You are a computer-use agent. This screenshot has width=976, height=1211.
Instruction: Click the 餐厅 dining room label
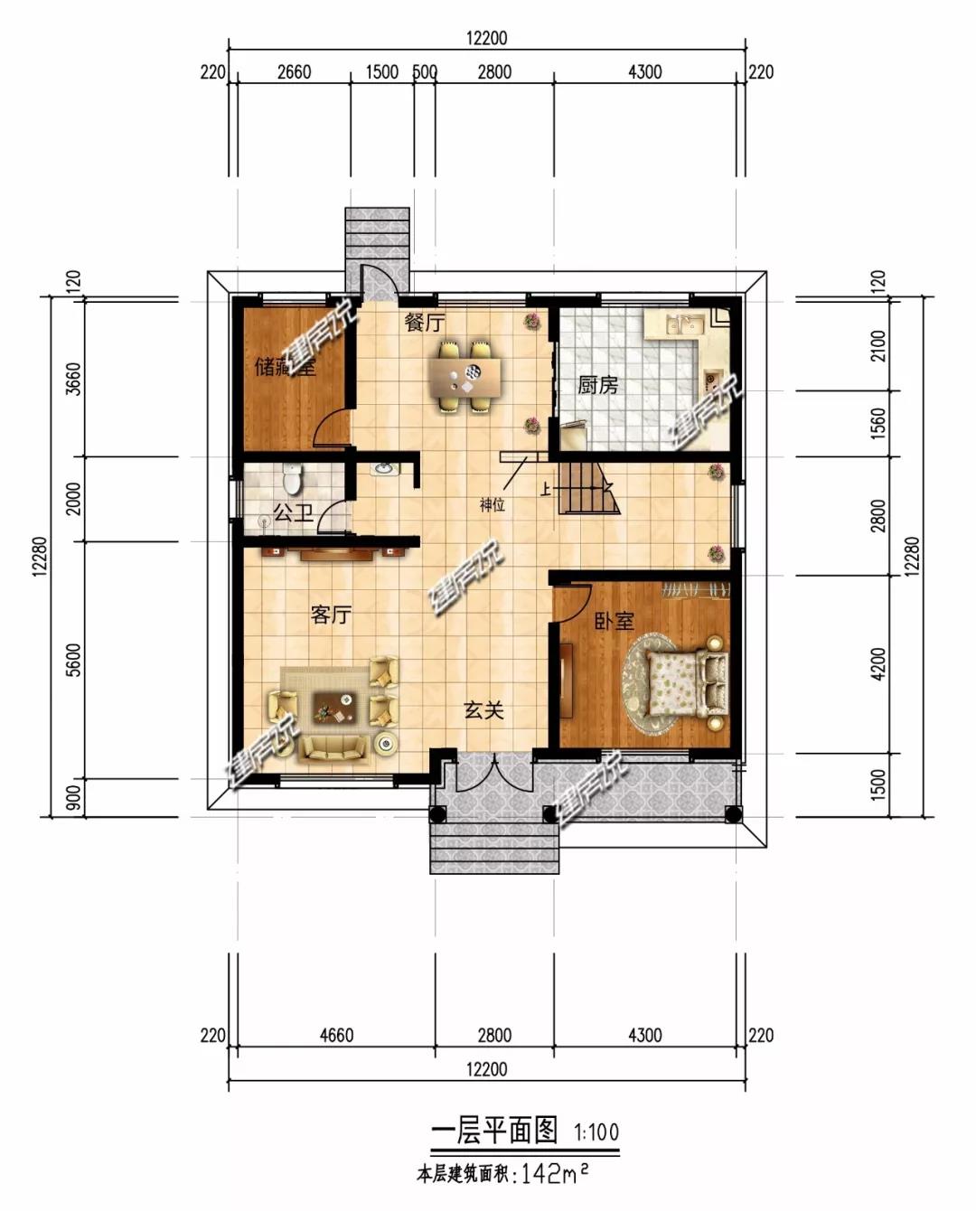point(425,323)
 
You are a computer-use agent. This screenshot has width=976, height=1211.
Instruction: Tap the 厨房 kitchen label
point(597,386)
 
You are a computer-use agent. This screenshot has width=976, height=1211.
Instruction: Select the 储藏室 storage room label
point(285,367)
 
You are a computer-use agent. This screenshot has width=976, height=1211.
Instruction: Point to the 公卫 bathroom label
point(293,512)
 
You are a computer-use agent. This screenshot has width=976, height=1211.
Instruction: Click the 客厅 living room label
point(331,615)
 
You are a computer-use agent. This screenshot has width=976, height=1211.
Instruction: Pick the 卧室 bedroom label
point(615,621)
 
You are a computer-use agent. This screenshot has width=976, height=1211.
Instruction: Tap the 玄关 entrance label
point(483,710)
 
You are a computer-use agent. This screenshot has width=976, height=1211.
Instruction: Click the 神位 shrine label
point(492,505)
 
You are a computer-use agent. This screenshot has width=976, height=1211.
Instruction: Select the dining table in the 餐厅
point(465,377)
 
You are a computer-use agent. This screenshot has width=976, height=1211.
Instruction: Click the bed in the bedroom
point(687,683)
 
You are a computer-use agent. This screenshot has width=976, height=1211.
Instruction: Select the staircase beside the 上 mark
point(586,488)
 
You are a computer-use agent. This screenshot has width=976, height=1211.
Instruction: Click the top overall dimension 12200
point(487,38)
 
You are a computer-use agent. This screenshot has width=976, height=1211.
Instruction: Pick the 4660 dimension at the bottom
point(336,1035)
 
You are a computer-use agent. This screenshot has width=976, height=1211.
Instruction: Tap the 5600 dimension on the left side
point(73,660)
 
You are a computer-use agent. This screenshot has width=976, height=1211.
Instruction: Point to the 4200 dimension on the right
point(877,664)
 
